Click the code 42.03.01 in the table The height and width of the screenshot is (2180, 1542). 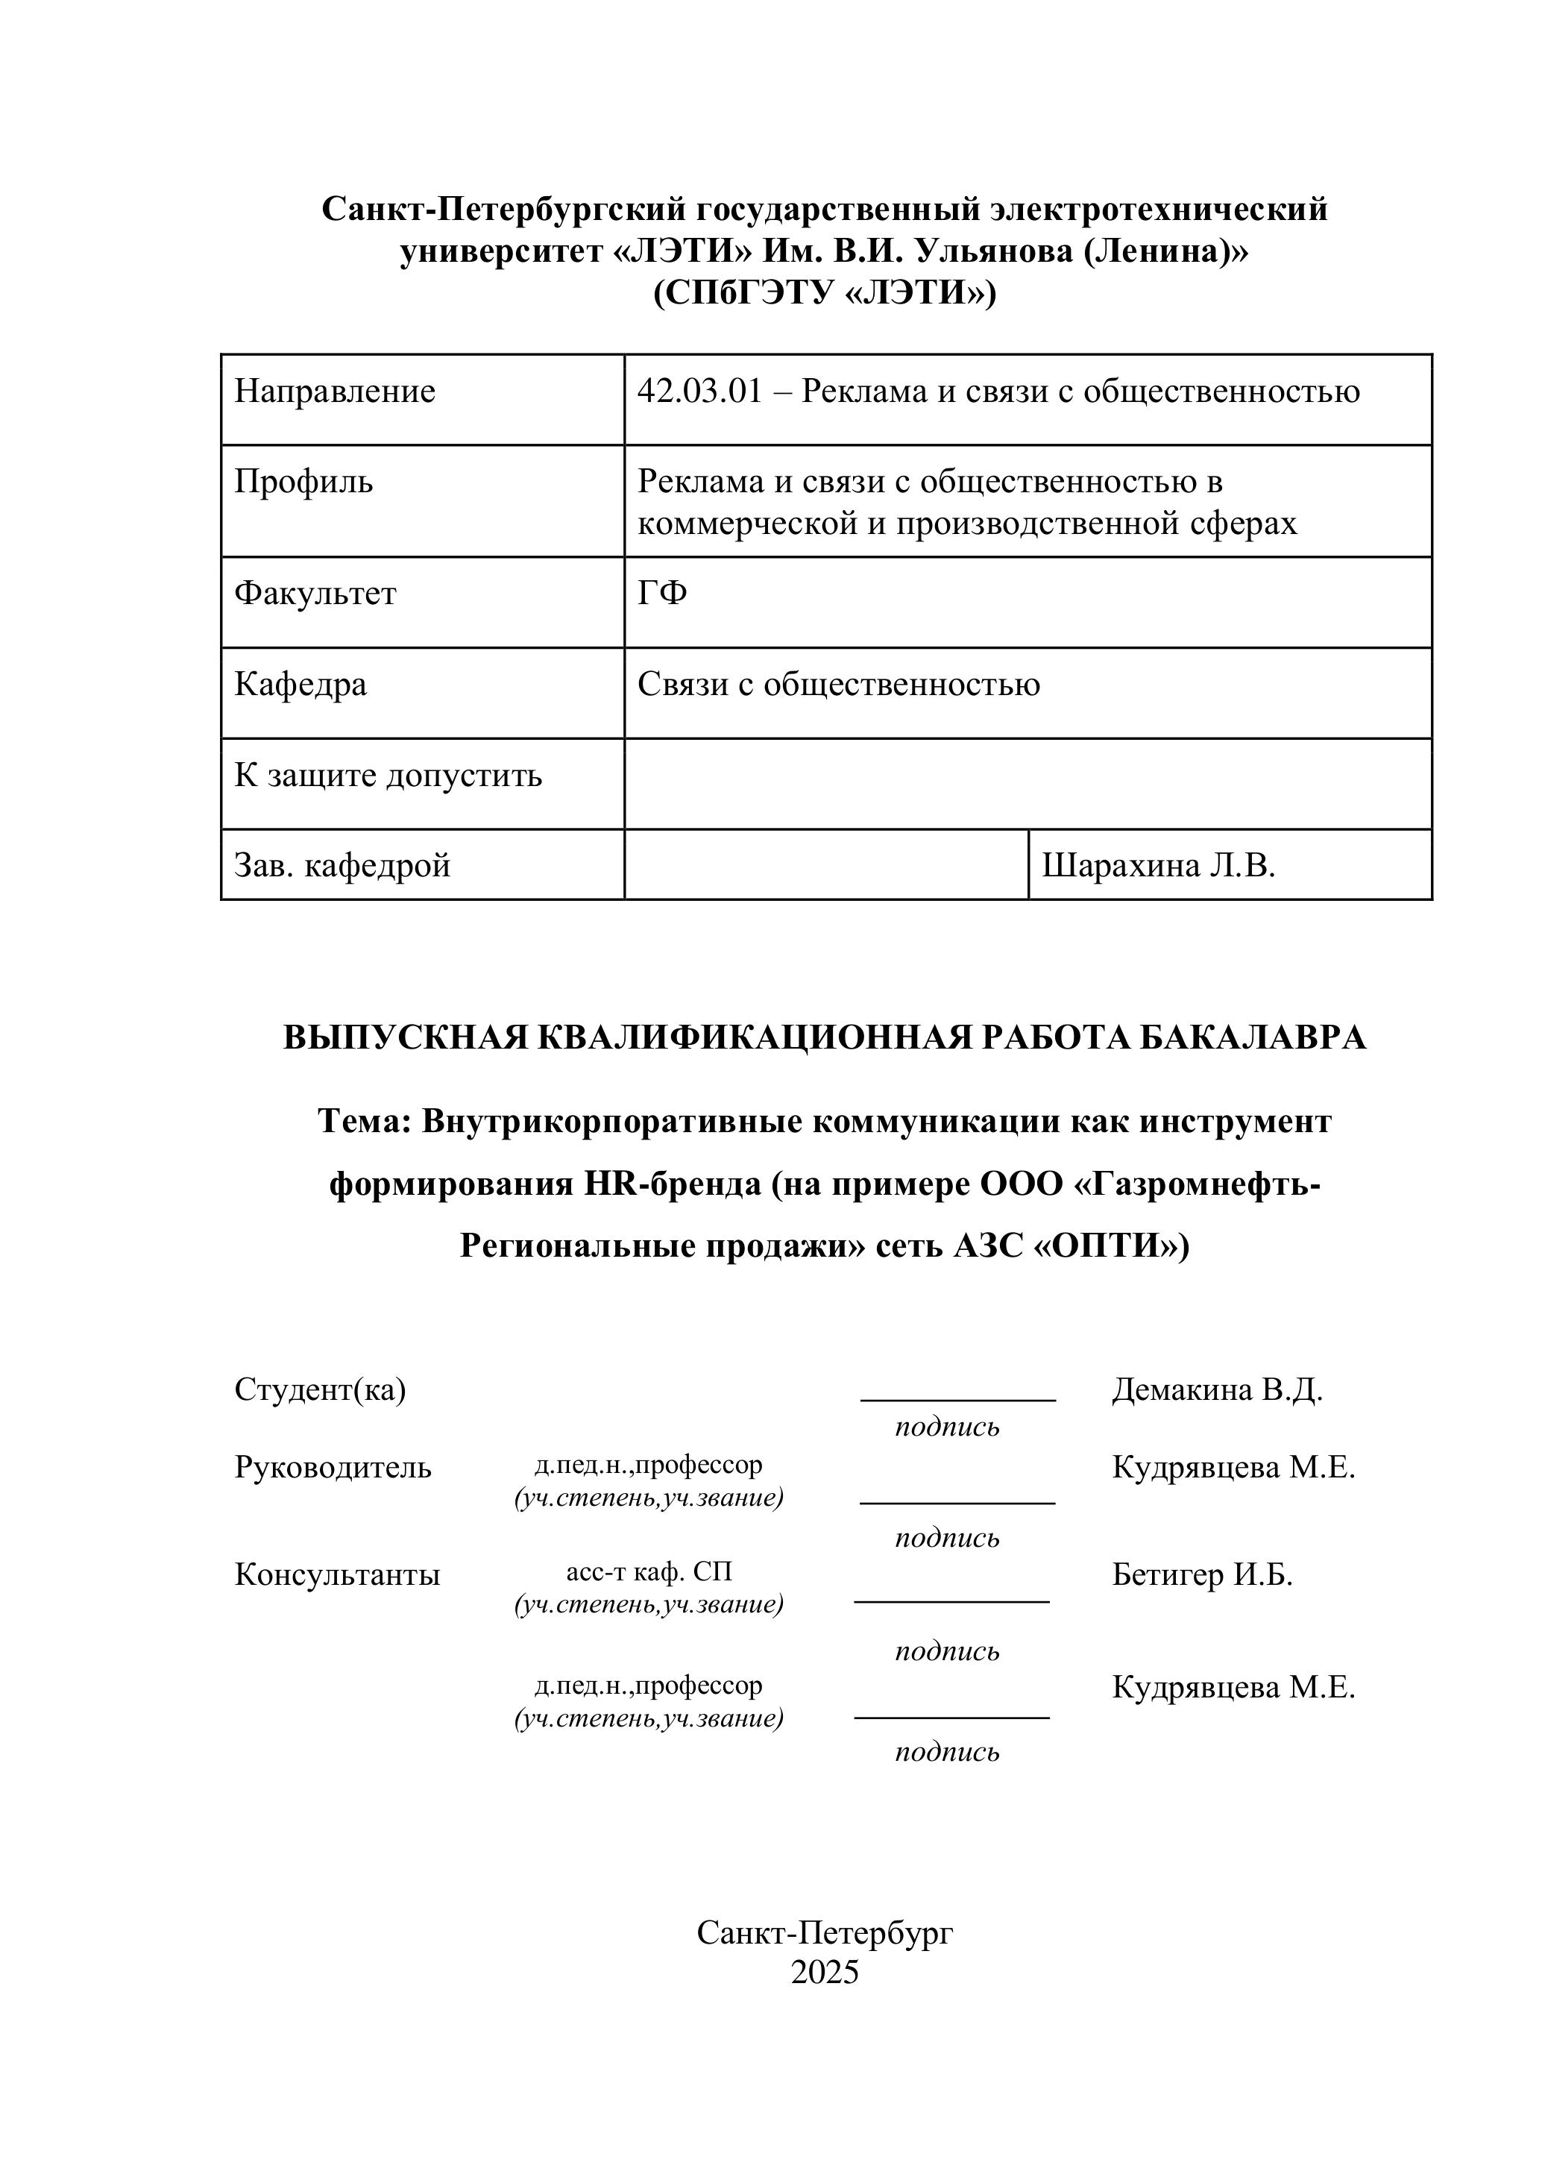pyautogui.click(x=699, y=392)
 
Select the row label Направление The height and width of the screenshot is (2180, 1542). pyautogui.click(x=334, y=392)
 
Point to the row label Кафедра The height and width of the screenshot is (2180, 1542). pyautogui.click(x=300, y=684)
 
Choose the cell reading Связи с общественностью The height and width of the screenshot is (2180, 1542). pyautogui.click(x=837, y=684)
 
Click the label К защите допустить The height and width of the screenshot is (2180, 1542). pyautogui.click(x=388, y=775)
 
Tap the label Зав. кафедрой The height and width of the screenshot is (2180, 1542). pyautogui.click(x=342, y=865)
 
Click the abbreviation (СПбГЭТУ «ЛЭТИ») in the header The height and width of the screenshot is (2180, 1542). pyautogui.click(x=824, y=293)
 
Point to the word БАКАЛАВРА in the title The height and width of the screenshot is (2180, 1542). pyautogui.click(x=1251, y=1037)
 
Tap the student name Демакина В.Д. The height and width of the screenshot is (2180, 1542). pyautogui.click(x=1216, y=1390)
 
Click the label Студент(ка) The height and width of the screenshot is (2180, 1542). pyautogui.click(x=320, y=1390)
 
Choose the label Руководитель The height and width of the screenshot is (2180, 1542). pyautogui.click(x=333, y=1468)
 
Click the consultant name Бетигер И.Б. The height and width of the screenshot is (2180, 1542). pyautogui.click(x=1201, y=1575)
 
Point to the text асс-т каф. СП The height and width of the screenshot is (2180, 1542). pyautogui.click(x=649, y=1572)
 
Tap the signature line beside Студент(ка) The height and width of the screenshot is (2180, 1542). pyautogui.click(x=957, y=1400)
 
